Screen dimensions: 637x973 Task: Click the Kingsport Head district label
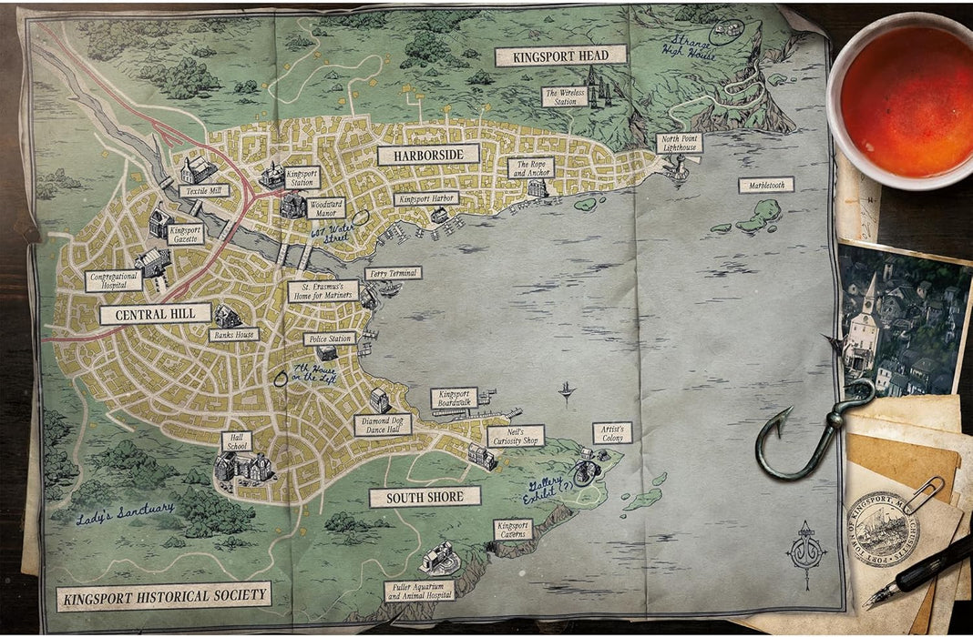[x=560, y=56]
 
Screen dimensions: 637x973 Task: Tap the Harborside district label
[x=428, y=155]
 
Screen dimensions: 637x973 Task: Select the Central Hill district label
[x=155, y=315]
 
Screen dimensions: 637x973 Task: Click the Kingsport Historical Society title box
[x=164, y=597]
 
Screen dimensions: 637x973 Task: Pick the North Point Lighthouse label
[x=680, y=143]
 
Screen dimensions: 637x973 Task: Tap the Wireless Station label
[x=565, y=96]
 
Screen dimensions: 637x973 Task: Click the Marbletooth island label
[x=765, y=185]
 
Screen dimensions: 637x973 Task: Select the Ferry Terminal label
[x=393, y=273]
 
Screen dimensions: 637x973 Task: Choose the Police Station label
[x=329, y=339]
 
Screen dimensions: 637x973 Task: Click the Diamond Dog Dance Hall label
[x=383, y=425]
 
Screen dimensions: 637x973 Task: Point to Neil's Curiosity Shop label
[x=516, y=436]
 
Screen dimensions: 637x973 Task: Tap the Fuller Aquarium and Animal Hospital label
[x=419, y=591]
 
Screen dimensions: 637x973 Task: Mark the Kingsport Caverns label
[x=512, y=530]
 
